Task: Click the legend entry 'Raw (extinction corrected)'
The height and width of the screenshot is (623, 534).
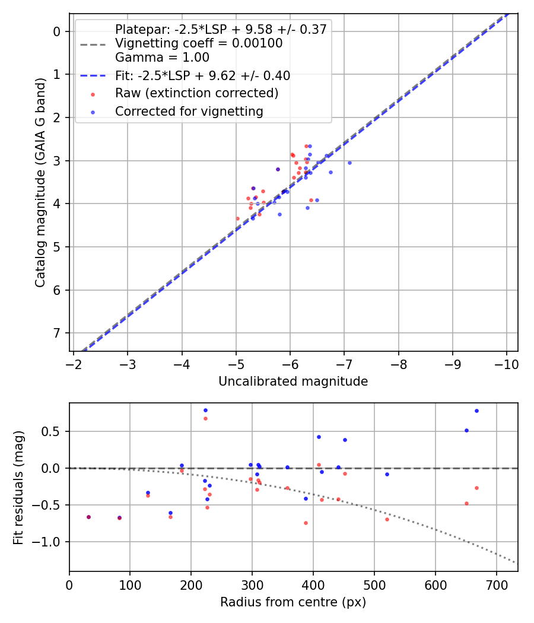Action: (196, 93)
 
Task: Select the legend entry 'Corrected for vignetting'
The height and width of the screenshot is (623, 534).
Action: (189, 111)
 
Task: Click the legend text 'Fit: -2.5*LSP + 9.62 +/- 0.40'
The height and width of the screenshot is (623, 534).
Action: (202, 76)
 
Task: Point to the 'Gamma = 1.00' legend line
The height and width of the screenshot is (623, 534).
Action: (162, 58)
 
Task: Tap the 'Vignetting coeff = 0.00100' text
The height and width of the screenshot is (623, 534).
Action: (199, 43)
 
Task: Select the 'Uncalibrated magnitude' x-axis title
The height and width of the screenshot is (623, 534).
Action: (293, 382)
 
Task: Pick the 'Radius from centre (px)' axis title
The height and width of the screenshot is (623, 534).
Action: (293, 602)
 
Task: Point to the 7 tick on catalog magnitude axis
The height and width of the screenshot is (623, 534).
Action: (58, 333)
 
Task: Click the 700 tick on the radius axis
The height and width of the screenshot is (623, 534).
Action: (436, 583)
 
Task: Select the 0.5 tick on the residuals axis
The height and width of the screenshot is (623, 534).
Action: (54, 431)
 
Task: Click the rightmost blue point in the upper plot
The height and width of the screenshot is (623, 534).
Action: (349, 163)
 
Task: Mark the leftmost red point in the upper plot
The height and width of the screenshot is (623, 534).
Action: (238, 218)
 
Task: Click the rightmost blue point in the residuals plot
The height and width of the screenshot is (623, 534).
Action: (476, 411)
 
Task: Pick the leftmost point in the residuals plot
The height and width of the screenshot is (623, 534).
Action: (88, 517)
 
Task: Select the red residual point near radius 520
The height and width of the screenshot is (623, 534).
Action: (387, 519)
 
